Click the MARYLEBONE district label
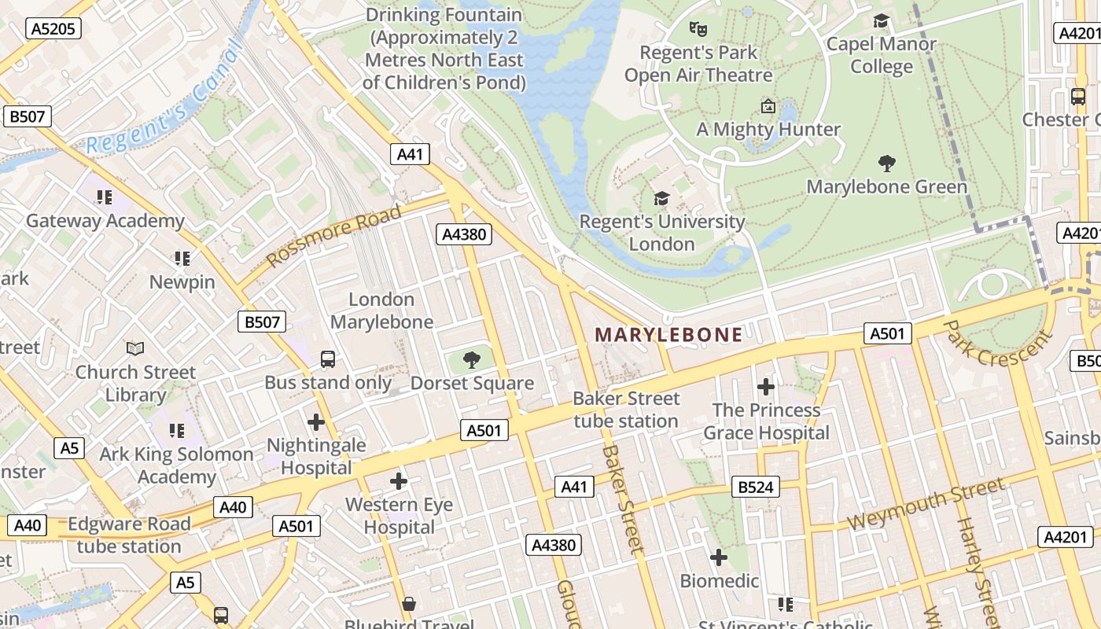(x=668, y=335)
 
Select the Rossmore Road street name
(x=334, y=235)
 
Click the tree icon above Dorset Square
(x=472, y=361)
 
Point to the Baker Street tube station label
(x=626, y=410)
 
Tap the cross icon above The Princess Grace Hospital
(x=765, y=387)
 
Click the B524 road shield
(x=756, y=487)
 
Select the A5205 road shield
(x=54, y=29)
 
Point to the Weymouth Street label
(x=926, y=504)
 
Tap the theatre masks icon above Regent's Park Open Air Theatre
(x=698, y=29)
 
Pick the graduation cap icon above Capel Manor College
(x=881, y=21)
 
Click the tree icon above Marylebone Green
(x=887, y=164)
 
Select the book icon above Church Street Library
(x=135, y=348)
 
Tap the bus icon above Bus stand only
(x=328, y=359)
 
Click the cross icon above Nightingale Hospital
(x=316, y=422)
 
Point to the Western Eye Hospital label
(x=399, y=516)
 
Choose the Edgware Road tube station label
(x=129, y=535)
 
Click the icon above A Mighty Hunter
(x=768, y=106)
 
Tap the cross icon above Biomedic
(x=719, y=557)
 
